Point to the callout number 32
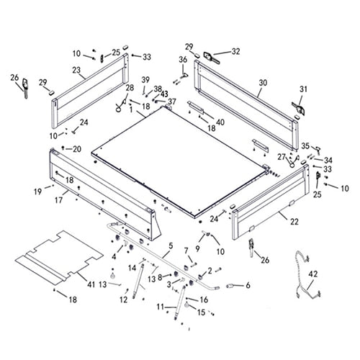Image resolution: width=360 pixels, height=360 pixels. [235, 51]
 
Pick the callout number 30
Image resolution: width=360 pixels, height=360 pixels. [263, 83]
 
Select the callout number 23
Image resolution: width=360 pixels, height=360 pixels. [76, 70]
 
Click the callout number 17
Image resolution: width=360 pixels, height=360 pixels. [57, 201]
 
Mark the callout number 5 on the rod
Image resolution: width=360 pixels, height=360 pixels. [169, 246]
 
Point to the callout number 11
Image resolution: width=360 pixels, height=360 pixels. [160, 306]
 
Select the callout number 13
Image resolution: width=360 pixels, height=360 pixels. [103, 284]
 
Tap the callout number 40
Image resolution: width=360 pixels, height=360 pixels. [220, 122]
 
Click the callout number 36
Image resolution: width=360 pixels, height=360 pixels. [183, 59]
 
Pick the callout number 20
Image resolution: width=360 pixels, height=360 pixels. [77, 149]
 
